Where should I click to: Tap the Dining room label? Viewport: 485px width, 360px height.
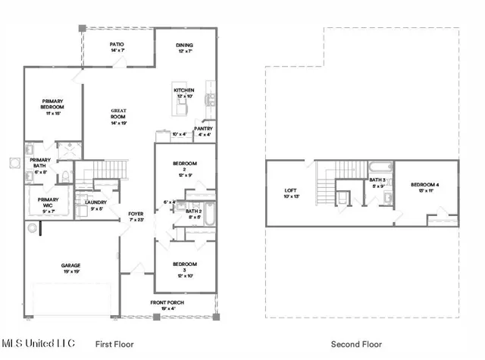pyautogui.click(x=186, y=47)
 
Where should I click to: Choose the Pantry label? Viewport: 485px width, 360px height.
pyautogui.click(x=203, y=132)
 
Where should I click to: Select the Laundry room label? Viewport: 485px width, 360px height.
pyautogui.click(x=95, y=205)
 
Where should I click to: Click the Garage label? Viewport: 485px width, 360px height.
pyautogui.click(x=71, y=268)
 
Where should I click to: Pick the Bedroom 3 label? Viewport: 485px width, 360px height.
pyautogui.click(x=184, y=267)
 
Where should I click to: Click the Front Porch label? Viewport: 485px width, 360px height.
pyautogui.click(x=167, y=305)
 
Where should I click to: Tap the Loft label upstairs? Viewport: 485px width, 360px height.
pyautogui.click(x=291, y=193)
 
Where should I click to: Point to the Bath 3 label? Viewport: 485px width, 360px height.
pyautogui.click(x=377, y=183)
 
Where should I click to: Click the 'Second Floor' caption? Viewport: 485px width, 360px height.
pyautogui.click(x=362, y=344)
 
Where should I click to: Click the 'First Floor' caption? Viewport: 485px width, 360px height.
pyautogui.click(x=114, y=344)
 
